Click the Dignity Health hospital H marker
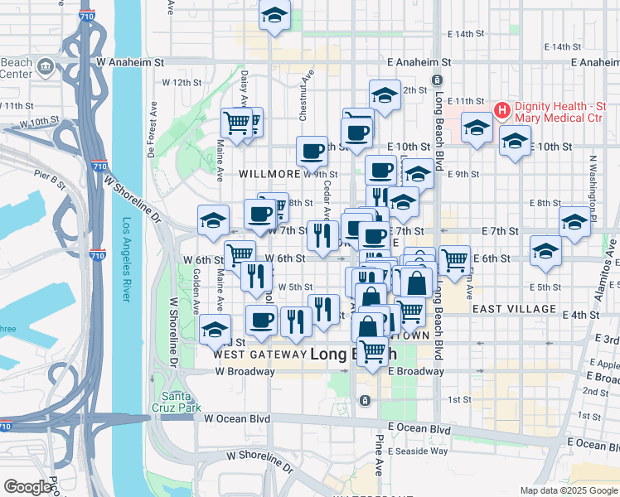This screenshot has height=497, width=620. click(x=501, y=110)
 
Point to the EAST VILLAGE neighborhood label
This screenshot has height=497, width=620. click(x=514, y=309)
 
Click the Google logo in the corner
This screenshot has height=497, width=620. click(x=27, y=487)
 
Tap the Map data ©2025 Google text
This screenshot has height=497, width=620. click(x=569, y=490)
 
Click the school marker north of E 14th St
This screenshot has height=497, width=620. click(x=274, y=16)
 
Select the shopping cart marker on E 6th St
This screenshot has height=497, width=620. click(x=454, y=260)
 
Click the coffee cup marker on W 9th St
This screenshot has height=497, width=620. click(x=312, y=151)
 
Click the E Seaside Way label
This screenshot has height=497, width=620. click(x=419, y=450)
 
